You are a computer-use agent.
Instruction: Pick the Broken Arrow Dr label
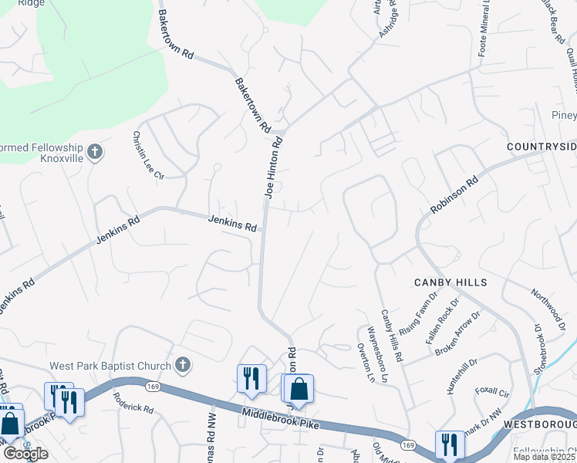pyautogui.click(x=458, y=333)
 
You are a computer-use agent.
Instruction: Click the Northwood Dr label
pyautogui.click(x=548, y=307)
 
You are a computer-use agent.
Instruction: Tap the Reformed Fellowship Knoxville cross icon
pyautogui.click(x=94, y=150)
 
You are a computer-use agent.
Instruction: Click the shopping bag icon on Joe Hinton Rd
pyautogui.click(x=299, y=390)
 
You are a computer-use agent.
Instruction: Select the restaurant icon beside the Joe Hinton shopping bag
pyautogui.click(x=251, y=378)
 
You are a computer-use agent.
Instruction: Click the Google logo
pyautogui.click(x=25, y=454)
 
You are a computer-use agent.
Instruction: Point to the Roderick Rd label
pyautogui.click(x=133, y=404)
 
